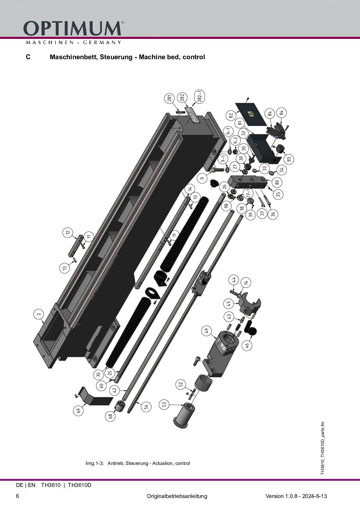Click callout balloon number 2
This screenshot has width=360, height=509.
39,314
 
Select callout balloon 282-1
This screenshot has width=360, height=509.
200,96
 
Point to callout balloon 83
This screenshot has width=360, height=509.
289,159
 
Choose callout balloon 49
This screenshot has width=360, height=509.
206,331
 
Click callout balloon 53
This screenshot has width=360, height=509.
164,404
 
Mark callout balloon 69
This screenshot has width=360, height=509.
78,411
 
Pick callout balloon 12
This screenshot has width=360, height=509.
68,232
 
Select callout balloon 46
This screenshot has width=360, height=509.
247,345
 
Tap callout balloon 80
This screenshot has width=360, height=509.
277,182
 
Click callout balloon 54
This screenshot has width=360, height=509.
146,407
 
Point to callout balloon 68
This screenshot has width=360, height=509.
110,416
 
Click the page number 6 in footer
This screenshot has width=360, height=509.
18,496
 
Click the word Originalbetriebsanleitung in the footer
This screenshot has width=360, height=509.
177,496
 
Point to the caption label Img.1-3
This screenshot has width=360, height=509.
95,463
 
